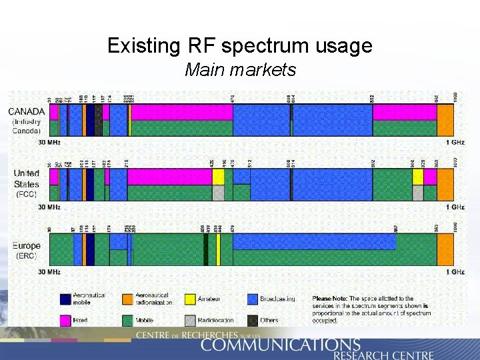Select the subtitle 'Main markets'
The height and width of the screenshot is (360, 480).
point(240,69)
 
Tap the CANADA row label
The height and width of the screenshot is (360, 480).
point(27,111)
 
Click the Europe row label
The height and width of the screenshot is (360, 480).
point(27,245)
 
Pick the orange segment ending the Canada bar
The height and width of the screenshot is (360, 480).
point(445,120)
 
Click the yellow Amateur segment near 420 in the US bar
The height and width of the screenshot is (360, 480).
point(218,177)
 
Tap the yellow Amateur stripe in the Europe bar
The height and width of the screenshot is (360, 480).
point(218,249)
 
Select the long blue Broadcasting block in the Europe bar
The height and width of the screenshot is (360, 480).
point(313,241)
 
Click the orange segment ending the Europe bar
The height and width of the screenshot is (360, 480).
point(445,249)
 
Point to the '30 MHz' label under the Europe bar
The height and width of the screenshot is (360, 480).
point(49,272)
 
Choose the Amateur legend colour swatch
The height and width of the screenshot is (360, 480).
point(190,299)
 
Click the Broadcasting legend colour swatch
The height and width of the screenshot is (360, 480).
point(253,299)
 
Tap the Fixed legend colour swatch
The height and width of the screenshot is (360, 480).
point(65,320)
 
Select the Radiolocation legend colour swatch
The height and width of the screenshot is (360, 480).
point(190,320)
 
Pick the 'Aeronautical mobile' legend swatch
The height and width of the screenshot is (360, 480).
point(65,299)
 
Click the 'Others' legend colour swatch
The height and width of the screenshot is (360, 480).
point(253,320)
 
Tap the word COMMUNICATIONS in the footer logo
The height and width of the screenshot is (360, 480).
point(280,345)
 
